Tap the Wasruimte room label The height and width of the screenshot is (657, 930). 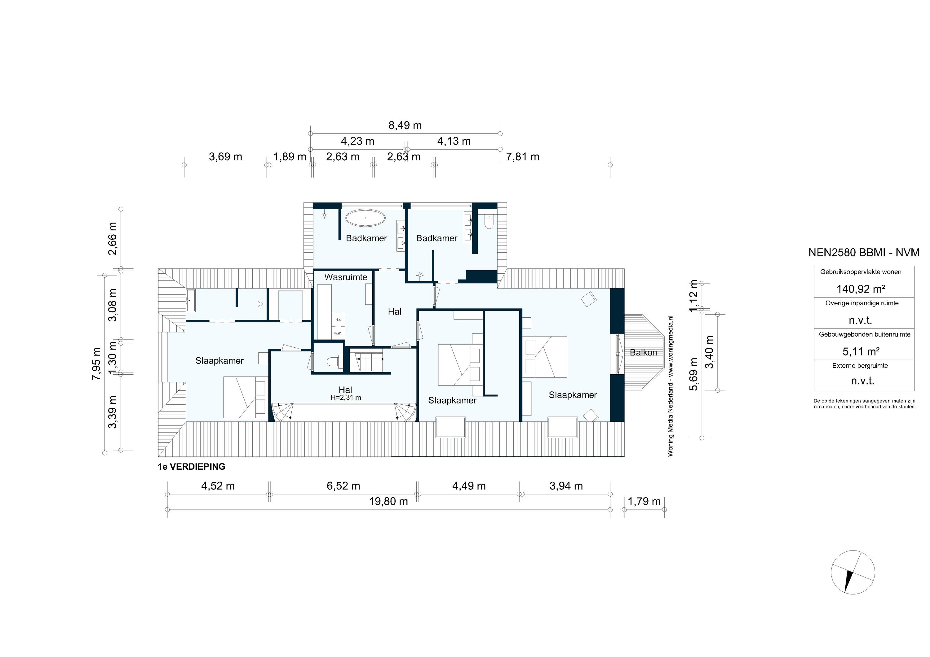pos(346,277)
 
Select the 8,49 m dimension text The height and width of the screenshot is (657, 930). pos(405,125)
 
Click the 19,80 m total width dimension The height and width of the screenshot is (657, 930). pos(388,502)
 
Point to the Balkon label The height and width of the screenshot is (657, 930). pos(643,352)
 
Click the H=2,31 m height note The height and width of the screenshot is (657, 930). pos(346,398)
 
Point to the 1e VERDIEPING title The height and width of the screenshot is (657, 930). pos(191,467)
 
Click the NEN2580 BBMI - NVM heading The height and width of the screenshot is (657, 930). pos(864,252)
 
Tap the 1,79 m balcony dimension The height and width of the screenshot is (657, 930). pos(644,502)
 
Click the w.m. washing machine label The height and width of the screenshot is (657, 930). pos(338,333)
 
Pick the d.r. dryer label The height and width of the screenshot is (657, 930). pos(338,320)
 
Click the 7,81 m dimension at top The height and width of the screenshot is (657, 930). pos(523,157)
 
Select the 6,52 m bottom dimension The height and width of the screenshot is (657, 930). pos(343,486)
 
